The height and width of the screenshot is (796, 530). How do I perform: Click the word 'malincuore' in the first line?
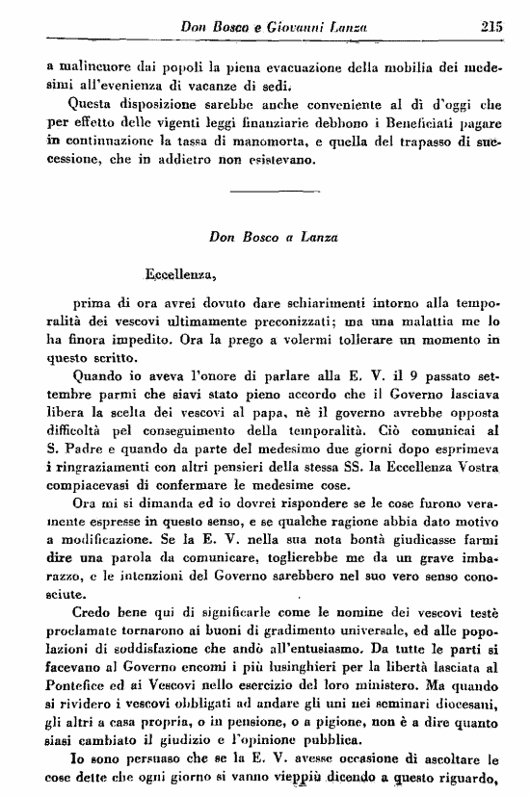[89, 69]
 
